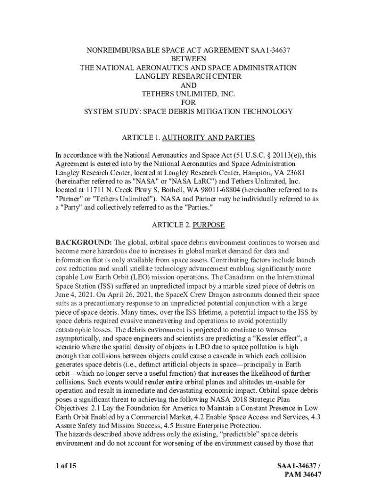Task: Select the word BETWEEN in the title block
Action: pos(188,58)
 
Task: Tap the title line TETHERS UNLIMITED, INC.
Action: pos(188,93)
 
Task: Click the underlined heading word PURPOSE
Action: pos(209,226)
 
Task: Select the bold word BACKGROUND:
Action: pos(84,242)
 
